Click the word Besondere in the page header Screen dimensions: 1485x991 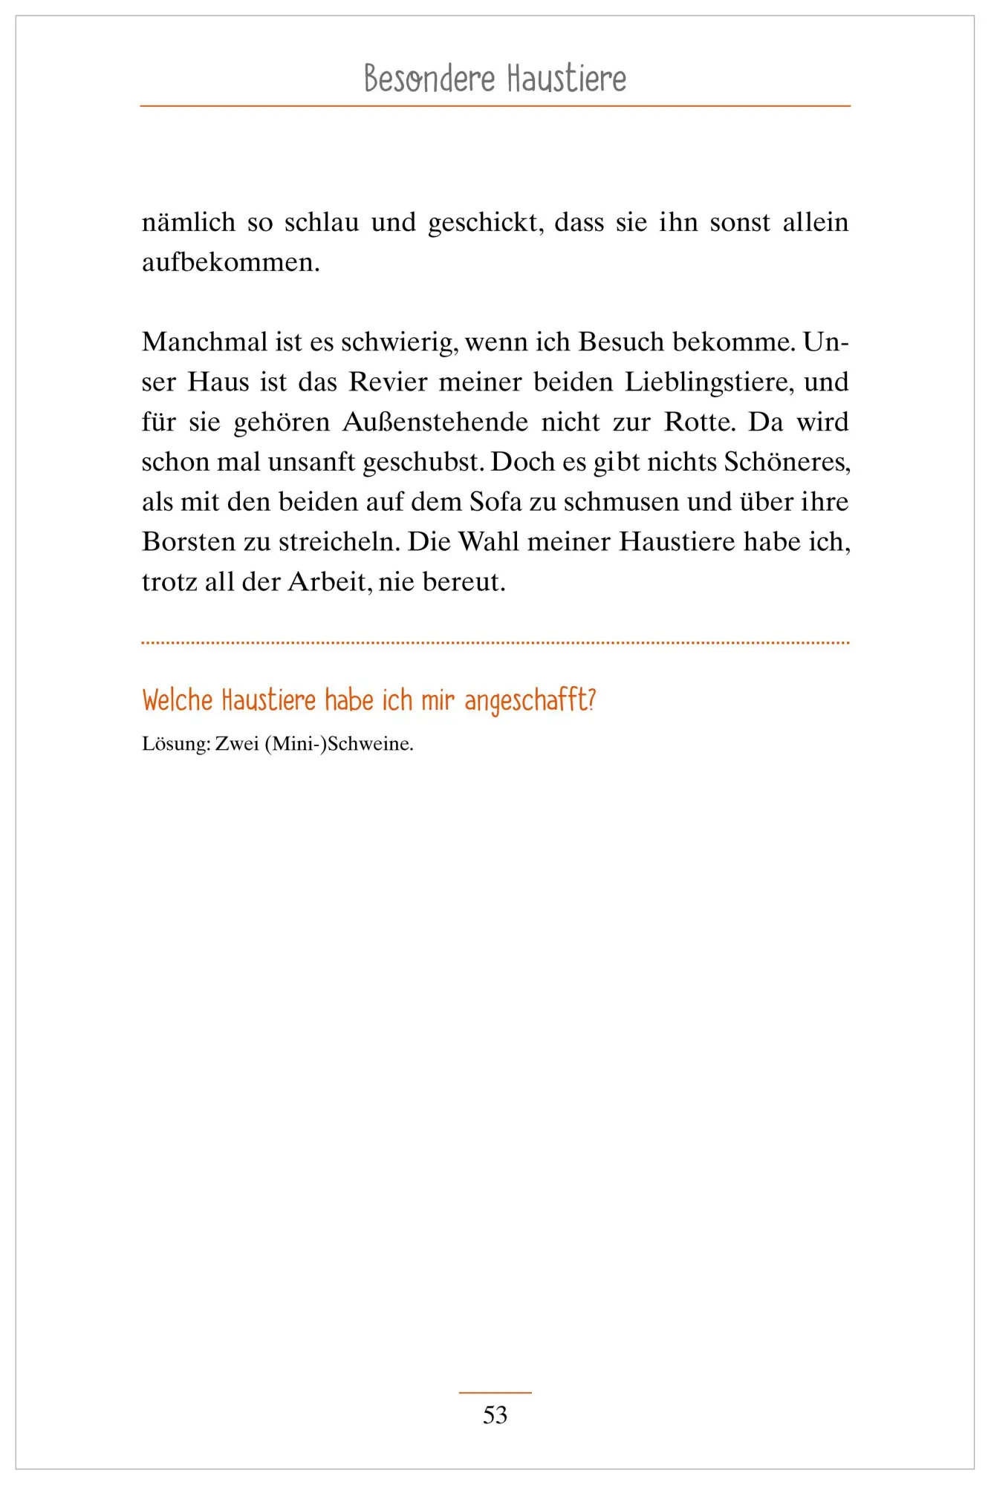[x=429, y=79]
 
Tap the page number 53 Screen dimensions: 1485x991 [x=495, y=1414]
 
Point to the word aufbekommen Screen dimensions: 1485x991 [x=230, y=262]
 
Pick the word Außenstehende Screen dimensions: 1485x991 [x=435, y=422]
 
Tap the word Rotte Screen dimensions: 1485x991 [x=699, y=422]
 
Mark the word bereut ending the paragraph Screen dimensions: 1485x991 [x=464, y=582]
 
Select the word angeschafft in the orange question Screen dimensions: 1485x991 [x=529, y=701]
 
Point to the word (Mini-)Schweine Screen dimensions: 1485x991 [x=338, y=744]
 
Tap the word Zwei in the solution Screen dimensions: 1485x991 [x=237, y=744]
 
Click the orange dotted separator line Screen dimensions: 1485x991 [x=495, y=642]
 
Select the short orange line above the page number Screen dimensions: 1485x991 [x=495, y=1392]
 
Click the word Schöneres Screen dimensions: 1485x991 [x=787, y=462]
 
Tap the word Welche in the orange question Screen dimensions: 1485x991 [x=178, y=701]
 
